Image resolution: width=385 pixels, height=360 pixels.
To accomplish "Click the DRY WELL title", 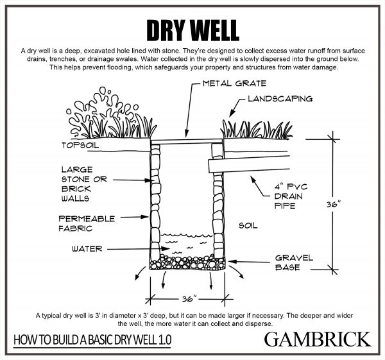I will [x=193, y=28].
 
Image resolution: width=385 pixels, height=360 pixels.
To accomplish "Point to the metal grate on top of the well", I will [x=185, y=141].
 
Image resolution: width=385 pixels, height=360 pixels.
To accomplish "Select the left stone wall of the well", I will [x=154, y=199].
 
